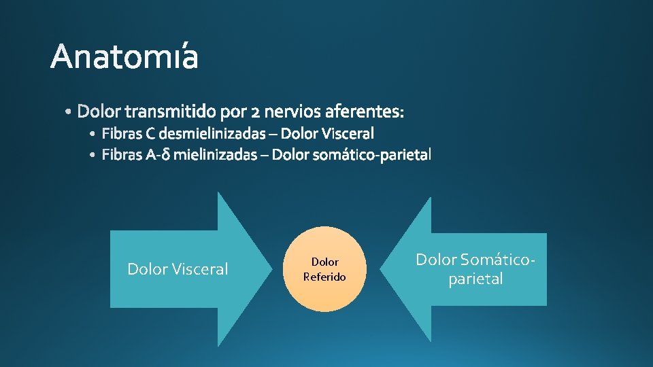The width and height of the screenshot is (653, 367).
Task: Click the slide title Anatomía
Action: tap(124, 57)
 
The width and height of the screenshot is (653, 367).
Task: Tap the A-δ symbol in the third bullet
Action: tap(157, 156)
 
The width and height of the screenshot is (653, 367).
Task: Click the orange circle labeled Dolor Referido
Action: tap(324, 269)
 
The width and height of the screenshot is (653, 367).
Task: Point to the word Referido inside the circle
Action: tap(324, 277)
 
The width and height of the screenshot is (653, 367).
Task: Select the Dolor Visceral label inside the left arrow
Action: tap(178, 269)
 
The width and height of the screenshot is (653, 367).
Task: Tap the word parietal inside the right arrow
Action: tap(475, 279)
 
